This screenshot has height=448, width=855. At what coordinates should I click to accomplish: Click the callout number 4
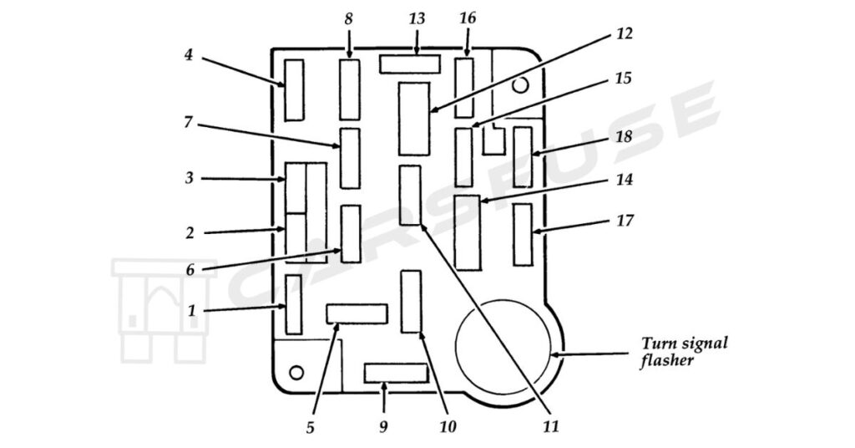coord(189,56)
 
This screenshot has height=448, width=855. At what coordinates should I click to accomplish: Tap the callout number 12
coord(624,34)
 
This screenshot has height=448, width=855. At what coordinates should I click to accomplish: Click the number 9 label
coord(383,427)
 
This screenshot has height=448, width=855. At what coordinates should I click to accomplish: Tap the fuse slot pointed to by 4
coord(294,89)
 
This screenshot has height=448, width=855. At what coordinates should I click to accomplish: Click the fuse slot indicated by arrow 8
coord(349,89)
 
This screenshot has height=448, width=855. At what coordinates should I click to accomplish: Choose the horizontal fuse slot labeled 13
coord(409,64)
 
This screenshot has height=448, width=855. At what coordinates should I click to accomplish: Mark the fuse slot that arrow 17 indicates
coord(523,234)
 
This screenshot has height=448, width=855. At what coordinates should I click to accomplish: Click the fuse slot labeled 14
coord(468,232)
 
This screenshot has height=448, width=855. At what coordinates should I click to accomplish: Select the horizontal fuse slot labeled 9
coord(395,373)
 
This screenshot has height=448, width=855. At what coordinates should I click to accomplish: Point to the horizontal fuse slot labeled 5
coord(357,313)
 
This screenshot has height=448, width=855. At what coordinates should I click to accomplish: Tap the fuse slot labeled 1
coord(293,304)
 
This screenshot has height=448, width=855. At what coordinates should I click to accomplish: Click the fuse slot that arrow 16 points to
coord(464,87)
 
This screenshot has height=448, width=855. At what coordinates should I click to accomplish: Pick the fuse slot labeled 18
coord(523,156)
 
